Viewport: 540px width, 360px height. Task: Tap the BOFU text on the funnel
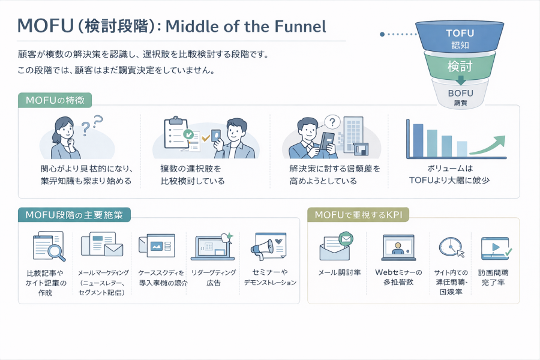point(460,93)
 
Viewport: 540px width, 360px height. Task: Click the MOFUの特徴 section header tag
point(55,100)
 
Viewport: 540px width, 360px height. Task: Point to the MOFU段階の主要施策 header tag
point(74,214)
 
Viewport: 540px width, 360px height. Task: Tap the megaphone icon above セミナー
point(268,246)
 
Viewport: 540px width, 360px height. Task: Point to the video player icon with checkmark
point(494,247)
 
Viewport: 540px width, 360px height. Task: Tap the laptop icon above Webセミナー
point(398,247)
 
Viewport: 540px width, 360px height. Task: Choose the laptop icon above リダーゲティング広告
point(212,246)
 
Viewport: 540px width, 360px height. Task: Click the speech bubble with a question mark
point(332,122)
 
